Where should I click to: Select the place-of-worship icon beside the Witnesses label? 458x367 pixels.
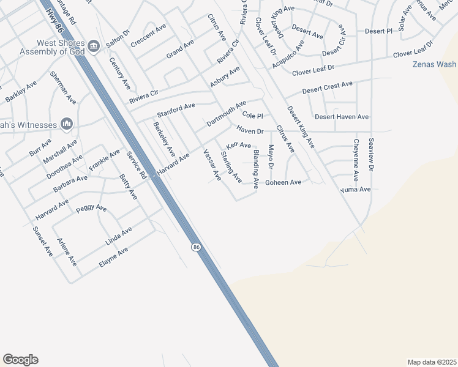pos(67,124)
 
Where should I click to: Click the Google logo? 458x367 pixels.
pos(20,360)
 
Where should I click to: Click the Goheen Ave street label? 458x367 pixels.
pos(283,182)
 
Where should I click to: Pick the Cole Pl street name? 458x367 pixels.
pos(252,116)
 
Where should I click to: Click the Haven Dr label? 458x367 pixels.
pos(250,131)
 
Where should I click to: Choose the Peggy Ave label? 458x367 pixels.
pos(91,209)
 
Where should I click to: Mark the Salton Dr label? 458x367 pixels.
pos(118,38)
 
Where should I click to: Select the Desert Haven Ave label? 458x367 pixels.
pos(342,117)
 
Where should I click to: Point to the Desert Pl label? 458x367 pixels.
pos(378,31)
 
